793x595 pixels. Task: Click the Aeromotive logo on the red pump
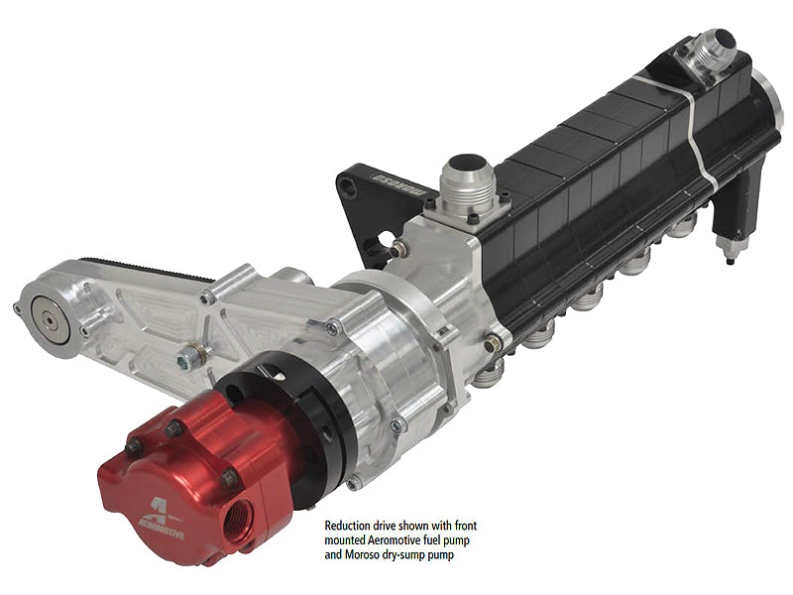163,519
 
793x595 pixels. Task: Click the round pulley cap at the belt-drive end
51,319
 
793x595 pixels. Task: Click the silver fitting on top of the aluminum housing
462,182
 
